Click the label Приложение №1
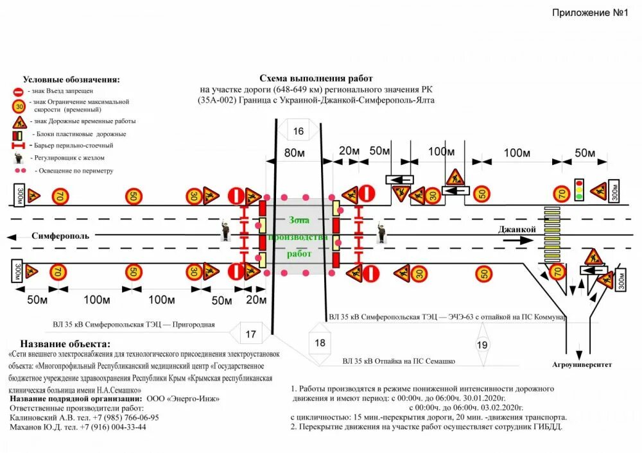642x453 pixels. tap(589, 13)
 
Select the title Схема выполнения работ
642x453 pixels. tap(311, 77)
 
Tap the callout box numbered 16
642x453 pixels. tap(299, 132)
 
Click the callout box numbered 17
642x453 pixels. tap(250, 334)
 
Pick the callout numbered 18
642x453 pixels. tap(320, 343)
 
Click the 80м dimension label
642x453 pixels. tap(294, 153)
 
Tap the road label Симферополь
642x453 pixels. tap(60, 235)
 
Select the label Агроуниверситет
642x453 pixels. tap(582, 364)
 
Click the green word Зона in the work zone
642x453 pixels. tap(299, 220)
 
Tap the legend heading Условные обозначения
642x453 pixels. tap(71, 80)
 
